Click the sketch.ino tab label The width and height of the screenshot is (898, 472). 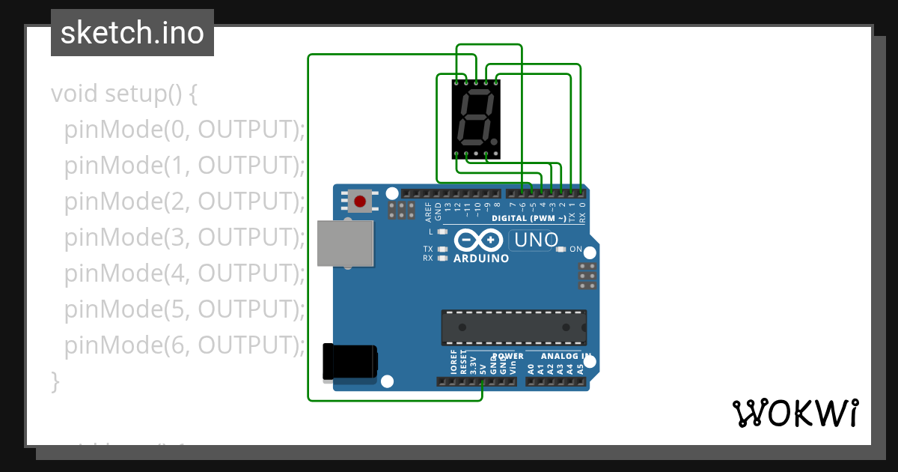click(132, 33)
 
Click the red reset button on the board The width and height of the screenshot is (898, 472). click(360, 201)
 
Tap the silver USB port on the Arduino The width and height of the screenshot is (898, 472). click(345, 243)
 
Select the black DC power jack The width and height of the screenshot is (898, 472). click(349, 361)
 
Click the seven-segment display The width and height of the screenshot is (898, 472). click(476, 119)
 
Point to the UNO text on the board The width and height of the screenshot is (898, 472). click(534, 240)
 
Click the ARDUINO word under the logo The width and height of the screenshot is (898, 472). click(481, 258)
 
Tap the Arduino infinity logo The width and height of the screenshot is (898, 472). click(479, 240)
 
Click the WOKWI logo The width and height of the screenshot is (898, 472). click(795, 413)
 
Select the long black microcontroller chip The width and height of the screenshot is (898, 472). click(513, 327)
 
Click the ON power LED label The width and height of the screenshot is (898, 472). click(576, 249)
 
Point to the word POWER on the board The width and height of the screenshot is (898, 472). click(508, 356)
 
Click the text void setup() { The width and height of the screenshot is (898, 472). click(124, 94)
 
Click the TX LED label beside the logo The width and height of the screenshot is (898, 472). click(428, 249)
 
